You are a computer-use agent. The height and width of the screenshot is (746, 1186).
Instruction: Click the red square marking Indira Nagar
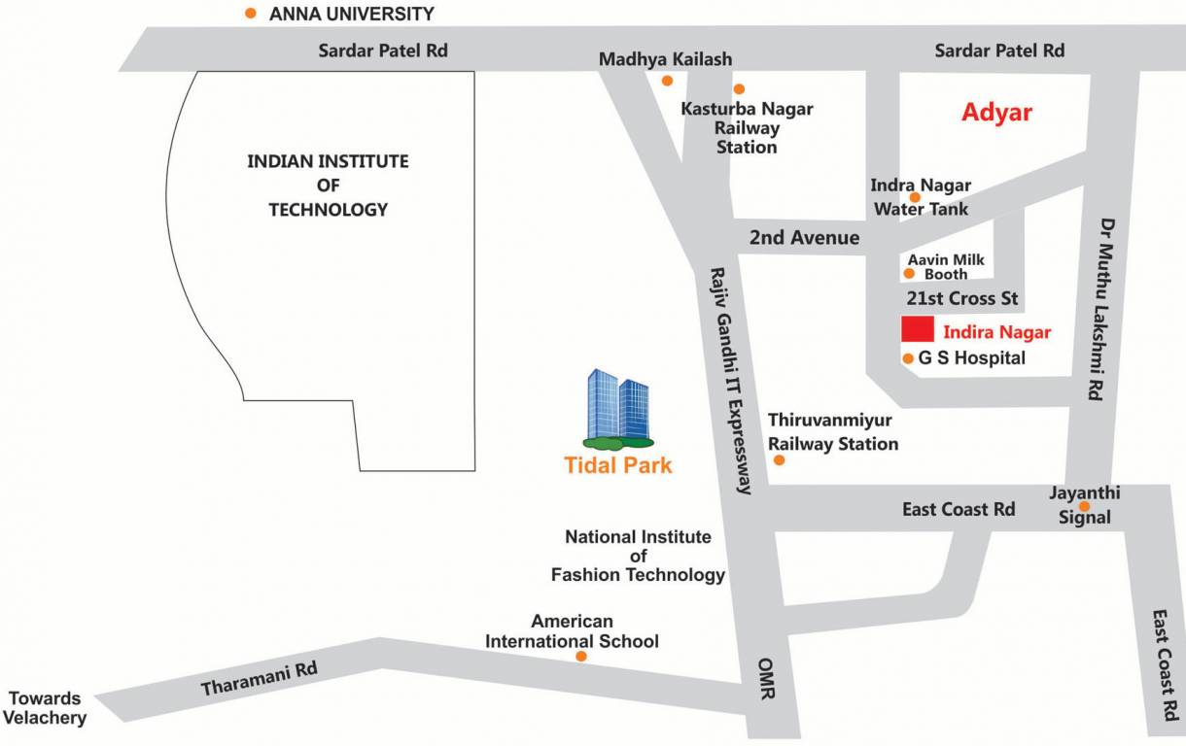917,329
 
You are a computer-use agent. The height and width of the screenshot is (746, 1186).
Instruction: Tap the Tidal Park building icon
618,410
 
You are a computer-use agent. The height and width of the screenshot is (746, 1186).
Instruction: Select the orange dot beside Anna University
251,14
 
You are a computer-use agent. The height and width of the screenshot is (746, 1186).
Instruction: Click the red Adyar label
996,113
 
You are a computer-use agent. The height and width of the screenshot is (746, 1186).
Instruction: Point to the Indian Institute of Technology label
328,185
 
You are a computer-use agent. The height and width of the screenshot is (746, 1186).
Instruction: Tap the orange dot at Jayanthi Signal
1084,506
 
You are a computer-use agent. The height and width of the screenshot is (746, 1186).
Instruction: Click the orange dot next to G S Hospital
908,358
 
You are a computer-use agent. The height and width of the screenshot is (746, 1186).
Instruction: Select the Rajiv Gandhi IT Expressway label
732,381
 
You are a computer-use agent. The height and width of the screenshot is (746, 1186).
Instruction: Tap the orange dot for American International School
581,657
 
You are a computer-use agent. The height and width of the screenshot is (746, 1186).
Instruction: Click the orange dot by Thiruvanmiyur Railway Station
779,459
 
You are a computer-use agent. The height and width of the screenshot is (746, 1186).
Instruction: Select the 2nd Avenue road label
804,238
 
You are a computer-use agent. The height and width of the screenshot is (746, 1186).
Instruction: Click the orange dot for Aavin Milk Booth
909,273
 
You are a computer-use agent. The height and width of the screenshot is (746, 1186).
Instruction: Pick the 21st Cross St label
961,298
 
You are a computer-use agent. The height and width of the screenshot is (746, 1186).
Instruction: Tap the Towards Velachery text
45,708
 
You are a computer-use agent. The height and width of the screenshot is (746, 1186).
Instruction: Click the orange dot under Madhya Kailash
667,81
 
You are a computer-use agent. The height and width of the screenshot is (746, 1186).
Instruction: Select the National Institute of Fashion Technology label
638,556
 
